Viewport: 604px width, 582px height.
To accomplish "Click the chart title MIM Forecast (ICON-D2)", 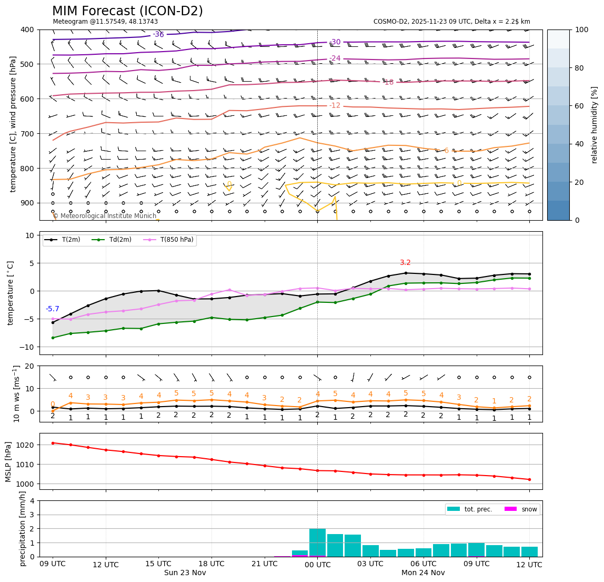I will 127,11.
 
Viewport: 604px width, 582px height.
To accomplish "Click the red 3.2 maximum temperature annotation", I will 405,263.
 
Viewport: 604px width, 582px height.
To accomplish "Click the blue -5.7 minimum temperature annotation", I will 53,309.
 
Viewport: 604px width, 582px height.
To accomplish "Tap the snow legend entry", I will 529,509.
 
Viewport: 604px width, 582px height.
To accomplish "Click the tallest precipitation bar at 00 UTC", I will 317,542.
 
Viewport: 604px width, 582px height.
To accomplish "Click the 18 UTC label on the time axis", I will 212,564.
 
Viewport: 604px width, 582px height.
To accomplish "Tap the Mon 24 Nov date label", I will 423,573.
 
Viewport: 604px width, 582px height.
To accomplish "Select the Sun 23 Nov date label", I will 185,573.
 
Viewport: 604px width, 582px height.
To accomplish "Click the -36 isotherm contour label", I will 158,35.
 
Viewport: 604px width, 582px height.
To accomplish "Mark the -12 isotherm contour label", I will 335,106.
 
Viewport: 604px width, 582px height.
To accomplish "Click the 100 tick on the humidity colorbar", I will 581,30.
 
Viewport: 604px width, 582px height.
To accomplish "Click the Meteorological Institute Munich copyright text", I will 105,216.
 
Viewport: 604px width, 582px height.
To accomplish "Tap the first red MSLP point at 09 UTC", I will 53,443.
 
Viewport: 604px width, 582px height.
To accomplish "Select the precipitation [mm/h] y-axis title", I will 23,528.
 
